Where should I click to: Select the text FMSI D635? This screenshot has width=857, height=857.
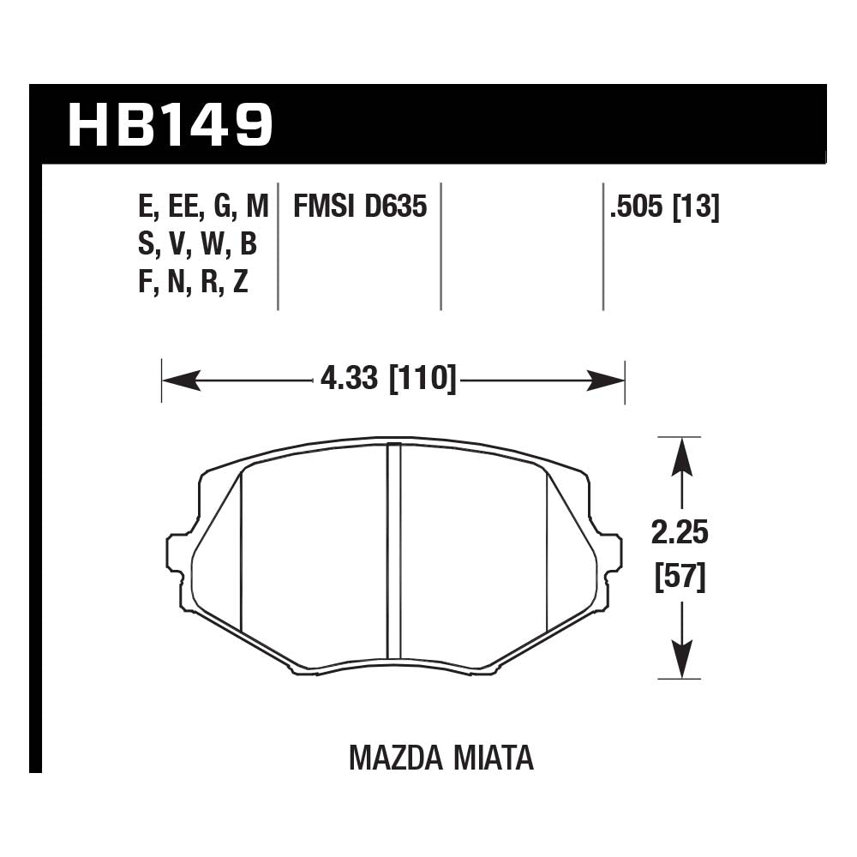(360, 207)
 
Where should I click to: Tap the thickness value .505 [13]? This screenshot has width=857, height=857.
(663, 207)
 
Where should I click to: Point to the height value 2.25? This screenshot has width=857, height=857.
(680, 534)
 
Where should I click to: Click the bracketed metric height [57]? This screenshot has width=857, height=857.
(680, 578)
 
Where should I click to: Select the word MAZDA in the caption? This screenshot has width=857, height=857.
(396, 758)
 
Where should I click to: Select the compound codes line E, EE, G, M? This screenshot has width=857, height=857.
(203, 207)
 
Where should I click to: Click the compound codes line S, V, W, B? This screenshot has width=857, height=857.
(197, 245)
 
